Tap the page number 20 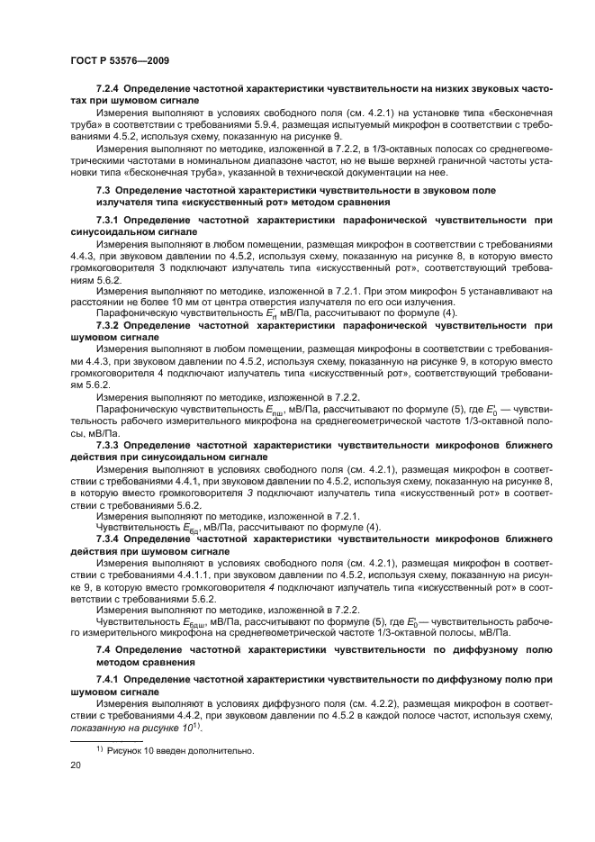coord(76,765)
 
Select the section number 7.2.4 coord(109,91)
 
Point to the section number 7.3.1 coord(109,219)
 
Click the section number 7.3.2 coord(109,323)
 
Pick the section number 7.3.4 coord(109,537)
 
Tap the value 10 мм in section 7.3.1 coord(178,301)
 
